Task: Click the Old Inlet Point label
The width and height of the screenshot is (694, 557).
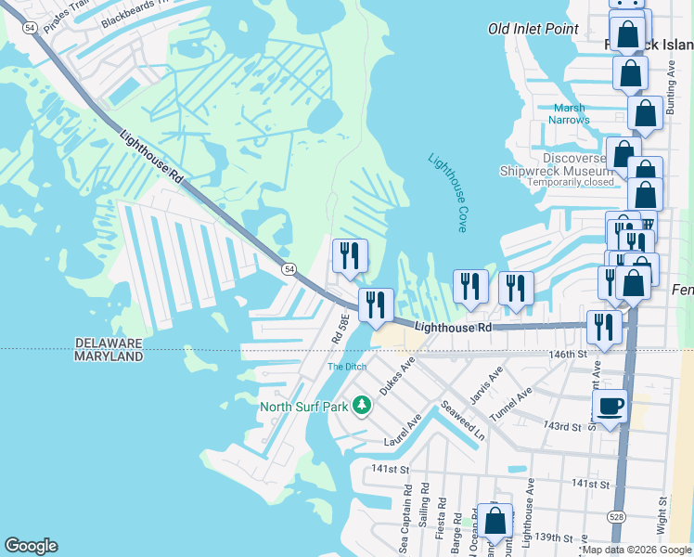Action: point(533,30)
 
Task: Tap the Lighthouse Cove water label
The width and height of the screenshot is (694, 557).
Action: point(447,192)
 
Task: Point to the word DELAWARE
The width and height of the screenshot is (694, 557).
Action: point(109,343)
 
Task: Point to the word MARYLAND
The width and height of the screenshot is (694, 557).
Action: point(109,356)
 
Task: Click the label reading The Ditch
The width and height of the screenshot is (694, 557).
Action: point(347,368)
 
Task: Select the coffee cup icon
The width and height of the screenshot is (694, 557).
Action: point(610,406)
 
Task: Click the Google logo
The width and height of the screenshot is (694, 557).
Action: point(31,546)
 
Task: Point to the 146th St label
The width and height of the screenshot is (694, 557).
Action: point(568,355)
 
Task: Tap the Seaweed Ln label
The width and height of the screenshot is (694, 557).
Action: point(463,421)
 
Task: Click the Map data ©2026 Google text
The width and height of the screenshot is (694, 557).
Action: point(636,550)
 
